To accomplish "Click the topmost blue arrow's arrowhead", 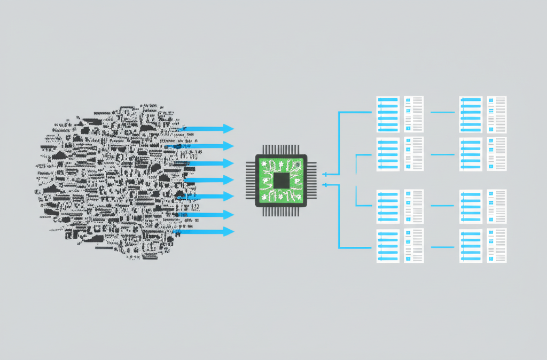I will click(x=229, y=129).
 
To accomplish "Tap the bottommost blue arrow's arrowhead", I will click(x=229, y=232).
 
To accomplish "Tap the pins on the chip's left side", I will click(x=250, y=180).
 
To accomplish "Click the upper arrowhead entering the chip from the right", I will click(x=326, y=174).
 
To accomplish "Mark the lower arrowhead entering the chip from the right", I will click(x=326, y=185).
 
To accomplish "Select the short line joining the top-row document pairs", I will click(x=442, y=113).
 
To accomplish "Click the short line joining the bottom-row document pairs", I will click(x=442, y=247).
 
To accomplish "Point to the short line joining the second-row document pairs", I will click(x=442, y=154).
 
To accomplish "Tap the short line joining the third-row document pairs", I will click(x=442, y=206).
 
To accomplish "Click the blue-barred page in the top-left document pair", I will click(x=388, y=114).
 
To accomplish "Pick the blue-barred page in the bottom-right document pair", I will click(x=471, y=246).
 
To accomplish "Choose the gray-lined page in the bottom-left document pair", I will click(x=413, y=246).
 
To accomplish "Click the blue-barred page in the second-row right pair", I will click(x=471, y=154).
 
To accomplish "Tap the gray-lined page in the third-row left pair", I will click(x=413, y=206).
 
